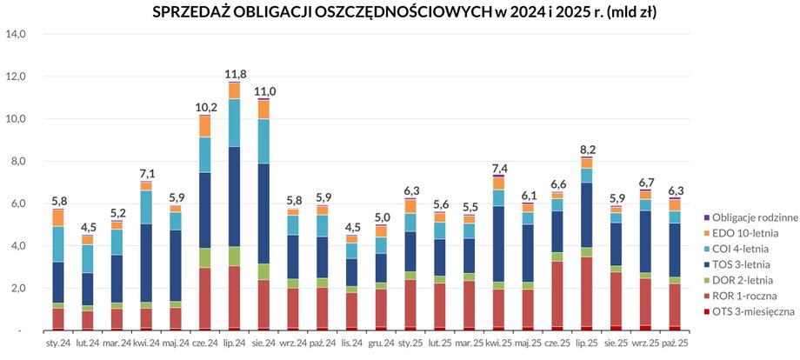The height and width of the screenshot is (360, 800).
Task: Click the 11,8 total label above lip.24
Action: tap(234, 74)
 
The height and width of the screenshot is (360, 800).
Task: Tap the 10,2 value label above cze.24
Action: tap(205, 107)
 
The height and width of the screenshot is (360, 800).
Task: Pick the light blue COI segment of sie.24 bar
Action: tap(263, 141)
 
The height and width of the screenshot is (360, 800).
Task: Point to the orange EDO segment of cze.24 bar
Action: tap(205, 126)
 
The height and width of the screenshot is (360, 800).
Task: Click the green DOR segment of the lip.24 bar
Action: tap(234, 257)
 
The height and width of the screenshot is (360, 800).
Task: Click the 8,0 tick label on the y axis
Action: tap(18, 161)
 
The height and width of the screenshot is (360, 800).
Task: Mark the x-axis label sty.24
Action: tap(57, 344)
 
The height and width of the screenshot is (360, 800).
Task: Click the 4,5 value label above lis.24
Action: tap(351, 229)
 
